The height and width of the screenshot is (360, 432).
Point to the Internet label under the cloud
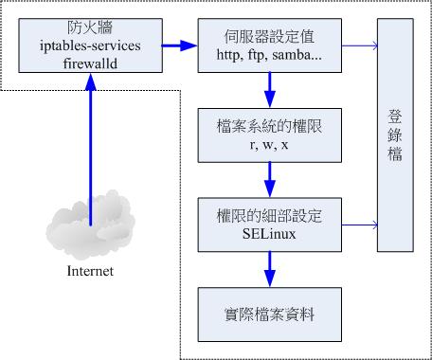click(x=89, y=272)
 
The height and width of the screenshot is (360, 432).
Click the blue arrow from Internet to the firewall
click(x=90, y=142)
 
